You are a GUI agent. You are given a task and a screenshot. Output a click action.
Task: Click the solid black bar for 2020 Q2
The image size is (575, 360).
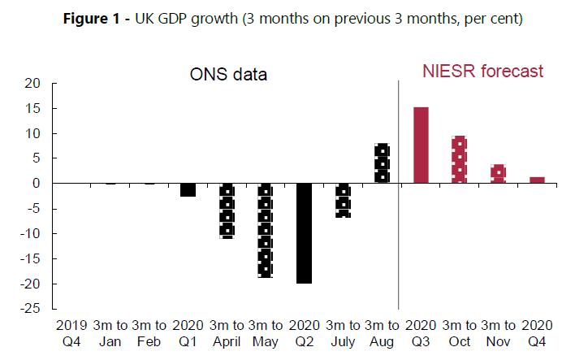pyautogui.click(x=304, y=232)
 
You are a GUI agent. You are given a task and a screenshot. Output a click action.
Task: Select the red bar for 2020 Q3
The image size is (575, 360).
pyautogui.click(x=421, y=145)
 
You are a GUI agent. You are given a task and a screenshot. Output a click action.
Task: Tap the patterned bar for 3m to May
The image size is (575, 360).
pyautogui.click(x=265, y=231)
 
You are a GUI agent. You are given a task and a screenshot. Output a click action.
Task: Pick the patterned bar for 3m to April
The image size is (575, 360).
pyautogui.click(x=227, y=210)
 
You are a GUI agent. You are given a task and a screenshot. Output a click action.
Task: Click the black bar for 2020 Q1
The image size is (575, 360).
pyautogui.click(x=188, y=189)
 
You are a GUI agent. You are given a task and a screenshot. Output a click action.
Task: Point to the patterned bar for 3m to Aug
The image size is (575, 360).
pyautogui.click(x=382, y=163)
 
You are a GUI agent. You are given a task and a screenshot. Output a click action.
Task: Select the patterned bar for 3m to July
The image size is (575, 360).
pyautogui.click(x=343, y=200)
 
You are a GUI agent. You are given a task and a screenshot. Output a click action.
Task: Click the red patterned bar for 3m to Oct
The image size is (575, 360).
pyautogui.click(x=459, y=159)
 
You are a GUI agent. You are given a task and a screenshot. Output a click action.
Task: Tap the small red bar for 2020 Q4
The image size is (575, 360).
pyautogui.click(x=536, y=180)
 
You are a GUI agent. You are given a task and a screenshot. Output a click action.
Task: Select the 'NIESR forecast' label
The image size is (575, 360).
pyautogui.click(x=482, y=72)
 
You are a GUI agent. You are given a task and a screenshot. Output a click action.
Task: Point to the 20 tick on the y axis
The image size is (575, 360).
pyautogui.click(x=32, y=83)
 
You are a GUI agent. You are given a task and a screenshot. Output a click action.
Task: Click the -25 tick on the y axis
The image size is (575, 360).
pyautogui.click(x=30, y=309)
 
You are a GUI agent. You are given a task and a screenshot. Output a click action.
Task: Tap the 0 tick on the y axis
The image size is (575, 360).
pyautogui.click(x=37, y=184)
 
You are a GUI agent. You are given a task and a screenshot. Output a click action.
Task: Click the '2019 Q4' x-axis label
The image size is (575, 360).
pyautogui.click(x=71, y=332)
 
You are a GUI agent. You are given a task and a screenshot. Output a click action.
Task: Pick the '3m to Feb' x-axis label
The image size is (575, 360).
pyautogui.click(x=149, y=332)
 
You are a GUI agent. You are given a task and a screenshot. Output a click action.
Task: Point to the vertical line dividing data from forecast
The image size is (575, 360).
pyautogui.click(x=399, y=195)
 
